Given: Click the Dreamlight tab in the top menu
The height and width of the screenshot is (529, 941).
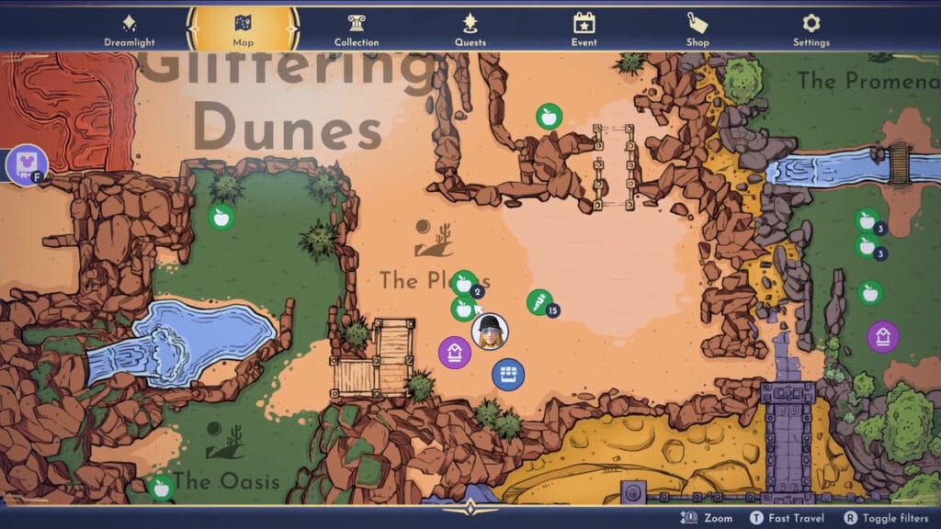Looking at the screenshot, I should (129, 28).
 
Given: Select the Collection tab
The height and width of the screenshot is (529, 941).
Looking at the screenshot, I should (357, 28).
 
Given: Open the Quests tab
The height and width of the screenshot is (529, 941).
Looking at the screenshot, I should (470, 28).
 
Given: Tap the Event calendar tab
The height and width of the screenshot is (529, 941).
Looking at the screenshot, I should (584, 28).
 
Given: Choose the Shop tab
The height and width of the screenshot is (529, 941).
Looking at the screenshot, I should (697, 28).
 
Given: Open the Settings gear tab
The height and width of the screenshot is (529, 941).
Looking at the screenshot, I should (811, 28).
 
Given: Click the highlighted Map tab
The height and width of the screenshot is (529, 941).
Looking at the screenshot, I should (243, 28).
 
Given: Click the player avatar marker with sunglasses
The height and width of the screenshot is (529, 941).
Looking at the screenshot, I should (490, 332).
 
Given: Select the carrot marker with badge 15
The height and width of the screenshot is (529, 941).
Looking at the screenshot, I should (538, 301).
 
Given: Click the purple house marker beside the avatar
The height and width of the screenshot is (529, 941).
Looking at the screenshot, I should (454, 352).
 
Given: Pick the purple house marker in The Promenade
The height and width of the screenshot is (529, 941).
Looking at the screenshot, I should (883, 336).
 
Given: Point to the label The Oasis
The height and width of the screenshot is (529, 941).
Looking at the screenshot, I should (226, 480).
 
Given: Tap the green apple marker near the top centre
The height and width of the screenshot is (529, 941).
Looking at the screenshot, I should (549, 116).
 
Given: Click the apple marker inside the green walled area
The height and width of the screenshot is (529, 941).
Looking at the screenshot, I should (221, 217).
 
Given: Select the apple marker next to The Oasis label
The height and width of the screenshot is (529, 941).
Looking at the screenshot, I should (162, 487).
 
